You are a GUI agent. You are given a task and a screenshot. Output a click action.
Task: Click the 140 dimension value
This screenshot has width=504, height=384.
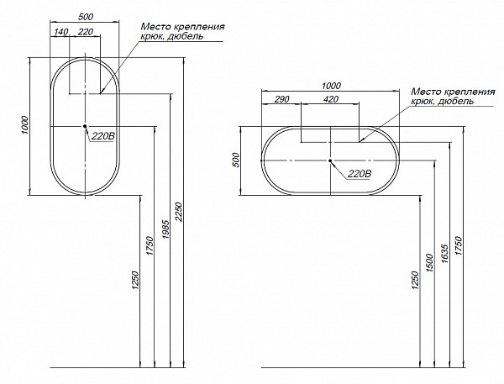[61, 32]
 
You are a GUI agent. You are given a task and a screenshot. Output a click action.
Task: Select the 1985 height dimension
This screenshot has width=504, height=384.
[165, 229]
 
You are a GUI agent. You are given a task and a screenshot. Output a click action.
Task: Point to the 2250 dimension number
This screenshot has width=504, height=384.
[180, 212]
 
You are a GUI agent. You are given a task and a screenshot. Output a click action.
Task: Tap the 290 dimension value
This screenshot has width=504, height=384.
[282, 99]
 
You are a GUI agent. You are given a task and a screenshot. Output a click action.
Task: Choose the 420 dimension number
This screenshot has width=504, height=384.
[331, 99]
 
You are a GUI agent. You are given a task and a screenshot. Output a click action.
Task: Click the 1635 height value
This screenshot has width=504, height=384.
[444, 254]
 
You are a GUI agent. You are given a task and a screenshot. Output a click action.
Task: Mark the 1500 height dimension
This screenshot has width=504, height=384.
[431, 263]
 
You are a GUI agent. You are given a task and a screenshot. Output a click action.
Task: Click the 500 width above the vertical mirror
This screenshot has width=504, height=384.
[85, 17]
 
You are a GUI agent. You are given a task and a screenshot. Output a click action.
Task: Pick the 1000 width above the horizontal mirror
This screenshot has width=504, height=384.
[331, 86]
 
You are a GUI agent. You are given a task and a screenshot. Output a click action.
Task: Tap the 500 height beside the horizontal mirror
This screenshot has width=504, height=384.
[236, 160]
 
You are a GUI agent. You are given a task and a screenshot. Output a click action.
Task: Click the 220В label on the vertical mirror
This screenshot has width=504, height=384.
[102, 136]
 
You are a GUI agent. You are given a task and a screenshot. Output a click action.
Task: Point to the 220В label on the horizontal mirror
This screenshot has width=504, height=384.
[360, 174]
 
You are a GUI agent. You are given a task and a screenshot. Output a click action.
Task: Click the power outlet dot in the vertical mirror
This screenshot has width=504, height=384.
[85, 126]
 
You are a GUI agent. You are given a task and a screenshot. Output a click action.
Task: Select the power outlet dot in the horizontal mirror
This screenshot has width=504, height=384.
[330, 160]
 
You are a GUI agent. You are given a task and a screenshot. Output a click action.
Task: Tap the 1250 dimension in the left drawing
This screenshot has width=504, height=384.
[135, 281]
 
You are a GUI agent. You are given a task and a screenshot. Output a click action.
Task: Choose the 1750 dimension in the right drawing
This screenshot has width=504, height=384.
[459, 246]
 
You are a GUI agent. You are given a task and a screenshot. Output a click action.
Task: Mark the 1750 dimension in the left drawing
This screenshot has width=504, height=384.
[150, 246]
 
